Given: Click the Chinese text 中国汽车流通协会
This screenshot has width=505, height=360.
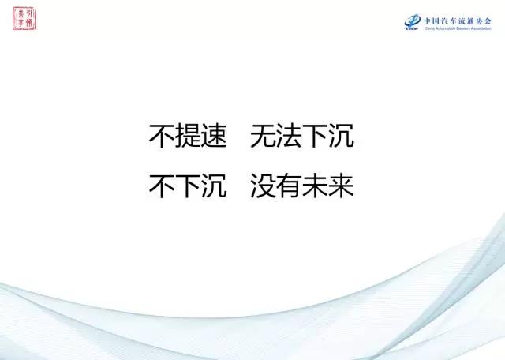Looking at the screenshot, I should (x=458, y=20).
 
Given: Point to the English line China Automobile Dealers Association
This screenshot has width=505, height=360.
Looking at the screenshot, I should (x=458, y=28).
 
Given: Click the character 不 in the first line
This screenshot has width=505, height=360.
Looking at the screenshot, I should (x=162, y=137).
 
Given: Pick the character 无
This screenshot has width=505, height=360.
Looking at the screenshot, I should (x=263, y=137).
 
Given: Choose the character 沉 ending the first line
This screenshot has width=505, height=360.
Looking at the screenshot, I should (x=341, y=137).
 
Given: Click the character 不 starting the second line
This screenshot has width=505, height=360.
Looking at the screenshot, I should (x=162, y=186).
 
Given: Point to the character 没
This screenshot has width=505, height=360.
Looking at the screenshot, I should (x=263, y=186).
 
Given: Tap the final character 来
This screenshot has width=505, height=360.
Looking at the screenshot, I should (x=341, y=186).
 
